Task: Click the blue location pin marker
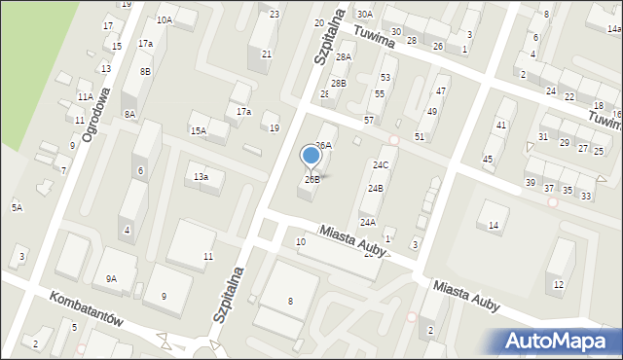[311, 156]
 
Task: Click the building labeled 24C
[380, 166]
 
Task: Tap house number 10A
[165, 19]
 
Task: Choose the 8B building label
[145, 71]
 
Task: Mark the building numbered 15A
[199, 130]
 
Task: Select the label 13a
[201, 176]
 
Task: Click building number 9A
[111, 279]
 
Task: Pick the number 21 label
[267, 54]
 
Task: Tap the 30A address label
[364, 15]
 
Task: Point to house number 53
[386, 77]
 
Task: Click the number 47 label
[441, 90]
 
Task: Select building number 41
[501, 126]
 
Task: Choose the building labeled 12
[558, 284]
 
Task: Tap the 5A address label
[17, 207]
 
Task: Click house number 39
[531, 183]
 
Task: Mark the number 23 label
[275, 14]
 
